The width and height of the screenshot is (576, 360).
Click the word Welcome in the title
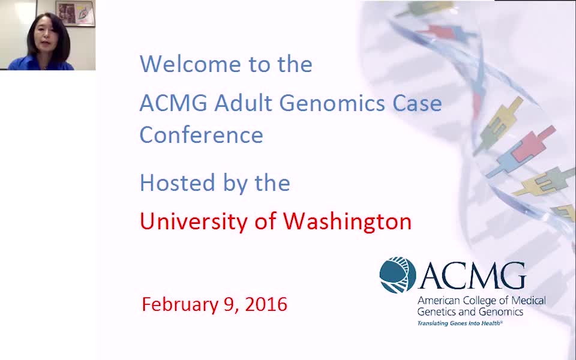pyautogui.click(x=190, y=64)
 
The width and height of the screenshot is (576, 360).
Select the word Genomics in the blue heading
pyautogui.click(x=332, y=103)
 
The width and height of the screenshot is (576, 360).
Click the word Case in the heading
pyautogui.click(x=418, y=103)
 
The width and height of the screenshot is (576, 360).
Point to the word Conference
pyautogui.click(x=202, y=134)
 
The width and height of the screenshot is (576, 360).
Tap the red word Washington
pyautogui.click(x=347, y=221)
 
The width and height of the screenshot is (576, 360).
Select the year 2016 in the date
pyautogui.click(x=266, y=305)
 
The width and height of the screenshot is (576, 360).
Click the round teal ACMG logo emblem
pyautogui.click(x=397, y=275)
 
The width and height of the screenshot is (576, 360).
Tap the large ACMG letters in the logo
pyautogui.click(x=473, y=276)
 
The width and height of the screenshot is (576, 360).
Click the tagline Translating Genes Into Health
pyautogui.click(x=460, y=323)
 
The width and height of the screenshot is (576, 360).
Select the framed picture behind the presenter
pyautogui.click(x=76, y=13)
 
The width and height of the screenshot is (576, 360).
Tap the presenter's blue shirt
pyautogui.click(x=41, y=63)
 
